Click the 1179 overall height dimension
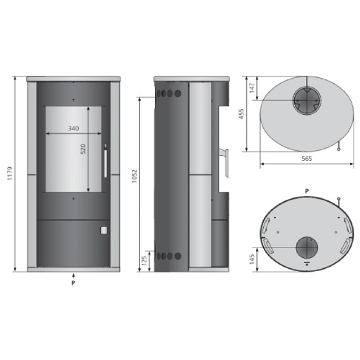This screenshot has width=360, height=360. (x=10, y=173)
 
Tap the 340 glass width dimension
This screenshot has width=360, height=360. (x=74, y=128)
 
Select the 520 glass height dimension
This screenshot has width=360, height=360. (x=83, y=149)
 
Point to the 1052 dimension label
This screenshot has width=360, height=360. (x=134, y=176)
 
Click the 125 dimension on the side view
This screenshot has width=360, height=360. (x=144, y=260)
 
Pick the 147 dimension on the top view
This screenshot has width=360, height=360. (x=252, y=88)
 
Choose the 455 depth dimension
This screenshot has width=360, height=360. (x=241, y=114)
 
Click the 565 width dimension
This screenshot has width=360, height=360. (x=307, y=159)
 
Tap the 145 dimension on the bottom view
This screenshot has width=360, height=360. (x=251, y=259)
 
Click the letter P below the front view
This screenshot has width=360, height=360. (x=73, y=283)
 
